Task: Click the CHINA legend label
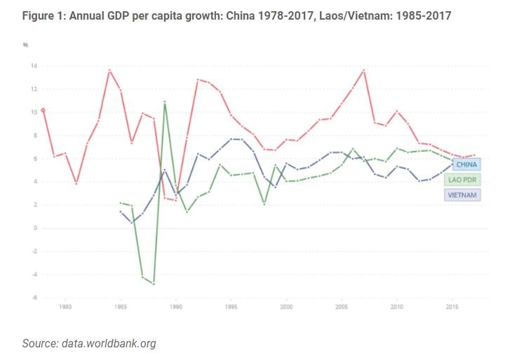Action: (x=466, y=164)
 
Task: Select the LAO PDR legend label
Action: (x=462, y=180)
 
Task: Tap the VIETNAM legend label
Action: (x=462, y=195)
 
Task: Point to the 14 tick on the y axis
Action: (x=34, y=66)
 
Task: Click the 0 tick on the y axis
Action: (x=35, y=228)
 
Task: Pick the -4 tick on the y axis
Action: (x=34, y=274)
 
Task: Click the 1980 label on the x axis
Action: (x=65, y=307)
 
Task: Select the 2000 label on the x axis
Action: (x=286, y=307)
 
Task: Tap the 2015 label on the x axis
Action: (x=452, y=307)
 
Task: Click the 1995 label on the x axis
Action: (x=231, y=307)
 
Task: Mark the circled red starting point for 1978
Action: (x=43, y=111)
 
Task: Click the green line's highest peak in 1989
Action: (x=165, y=102)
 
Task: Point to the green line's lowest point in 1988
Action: (x=154, y=284)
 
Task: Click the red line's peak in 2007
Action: (x=363, y=70)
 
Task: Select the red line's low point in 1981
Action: (x=76, y=182)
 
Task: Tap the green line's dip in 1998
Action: (x=264, y=204)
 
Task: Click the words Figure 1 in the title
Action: (x=43, y=15)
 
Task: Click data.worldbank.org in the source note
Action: (x=109, y=344)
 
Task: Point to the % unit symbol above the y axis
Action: (x=25, y=45)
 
